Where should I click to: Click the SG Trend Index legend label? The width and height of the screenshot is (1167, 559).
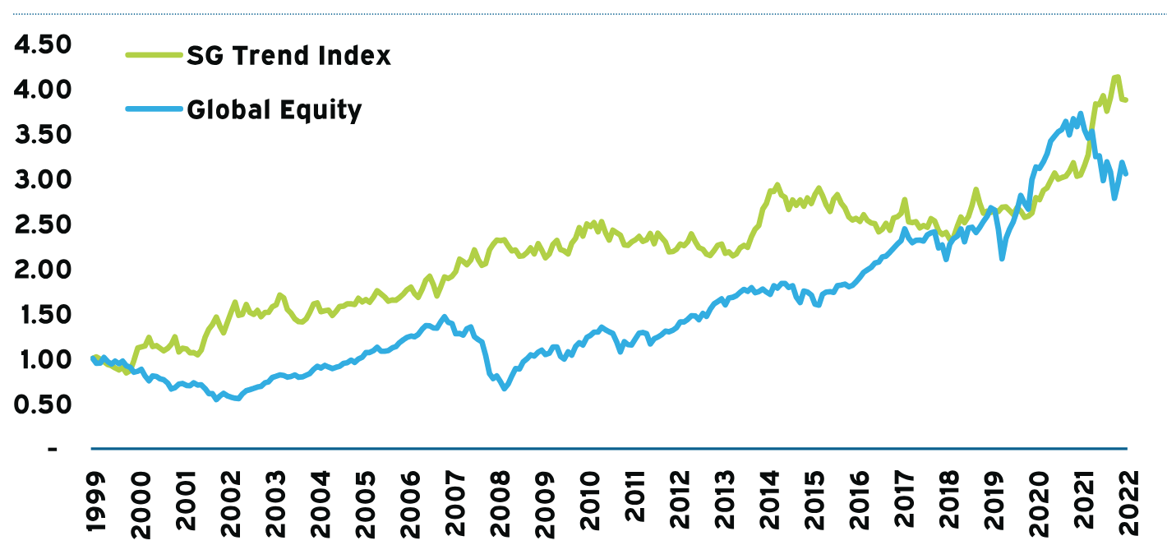288,56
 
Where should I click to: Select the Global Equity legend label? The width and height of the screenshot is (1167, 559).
274,109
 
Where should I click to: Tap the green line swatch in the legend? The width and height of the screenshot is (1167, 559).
154,56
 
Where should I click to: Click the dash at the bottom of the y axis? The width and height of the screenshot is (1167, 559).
53,450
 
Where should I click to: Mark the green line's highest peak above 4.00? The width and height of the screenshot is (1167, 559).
1116,77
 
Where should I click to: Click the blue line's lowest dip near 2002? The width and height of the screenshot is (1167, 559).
236,399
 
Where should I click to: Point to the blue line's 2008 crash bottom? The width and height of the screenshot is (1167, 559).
504,389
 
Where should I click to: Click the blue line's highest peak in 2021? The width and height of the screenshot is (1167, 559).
1080,113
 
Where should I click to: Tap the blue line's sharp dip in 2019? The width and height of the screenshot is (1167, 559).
1002,258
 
